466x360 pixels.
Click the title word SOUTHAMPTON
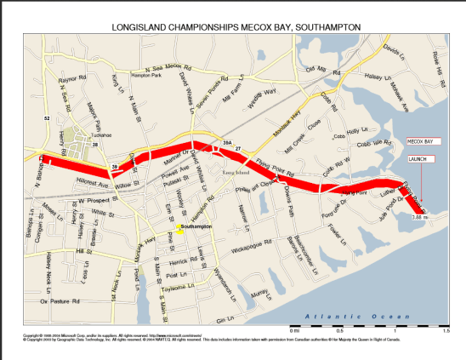(327, 27)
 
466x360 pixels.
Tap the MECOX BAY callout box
(420, 140)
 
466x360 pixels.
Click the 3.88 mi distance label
(418, 218)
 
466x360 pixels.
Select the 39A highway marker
(227, 142)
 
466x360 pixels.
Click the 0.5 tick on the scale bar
(340, 329)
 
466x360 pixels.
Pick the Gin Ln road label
(223, 319)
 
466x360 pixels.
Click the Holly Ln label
(357, 130)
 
